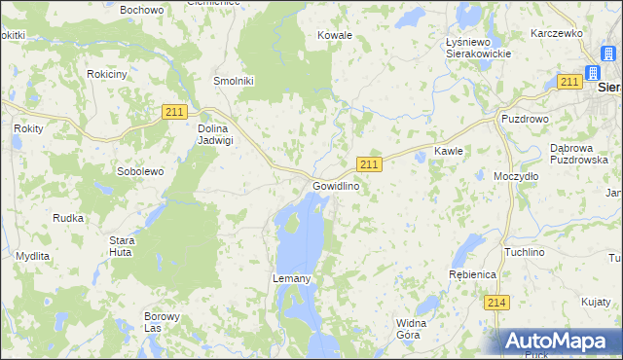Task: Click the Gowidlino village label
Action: [336, 186]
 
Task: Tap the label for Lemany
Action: [290, 279]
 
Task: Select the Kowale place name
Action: [335, 35]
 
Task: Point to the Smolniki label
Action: [234, 82]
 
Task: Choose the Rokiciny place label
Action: [106, 74]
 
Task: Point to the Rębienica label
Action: [473, 275]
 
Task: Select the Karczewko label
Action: [556, 33]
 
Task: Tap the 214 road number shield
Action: [496, 303]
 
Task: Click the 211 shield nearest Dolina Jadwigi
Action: [174, 113]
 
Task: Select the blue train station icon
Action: [592, 72]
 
